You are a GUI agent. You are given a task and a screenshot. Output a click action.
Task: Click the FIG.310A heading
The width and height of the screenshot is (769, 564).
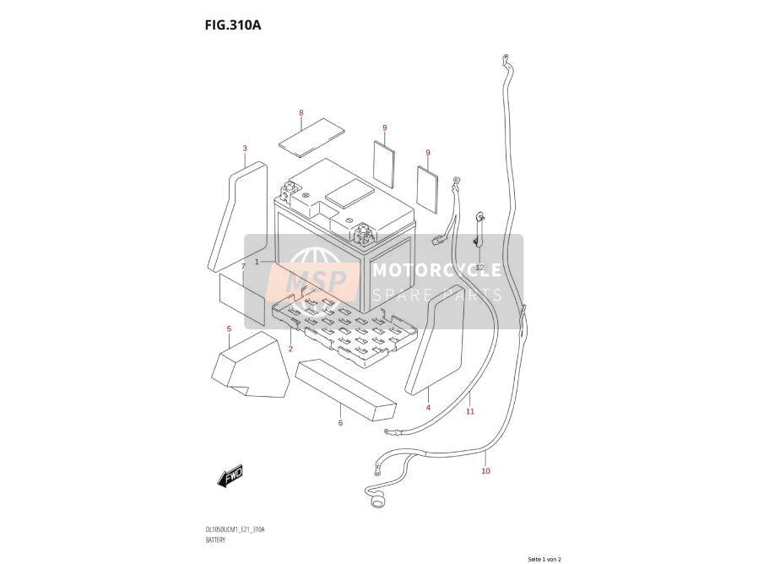pyautogui.click(x=233, y=25)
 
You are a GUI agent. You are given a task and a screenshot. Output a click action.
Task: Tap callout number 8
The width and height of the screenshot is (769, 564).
pyautogui.click(x=301, y=113)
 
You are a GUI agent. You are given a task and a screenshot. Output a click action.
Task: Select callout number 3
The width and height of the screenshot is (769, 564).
pyautogui.click(x=245, y=149)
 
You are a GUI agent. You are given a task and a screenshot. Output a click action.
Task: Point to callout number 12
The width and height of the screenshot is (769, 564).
pyautogui.click(x=479, y=268)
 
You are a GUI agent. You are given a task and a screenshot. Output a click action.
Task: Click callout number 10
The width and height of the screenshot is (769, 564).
pyautogui.click(x=485, y=471)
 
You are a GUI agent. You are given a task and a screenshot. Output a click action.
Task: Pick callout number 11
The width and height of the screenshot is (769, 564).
pyautogui.click(x=470, y=411)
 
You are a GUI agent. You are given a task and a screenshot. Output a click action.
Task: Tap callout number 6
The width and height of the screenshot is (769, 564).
pyautogui.click(x=340, y=423)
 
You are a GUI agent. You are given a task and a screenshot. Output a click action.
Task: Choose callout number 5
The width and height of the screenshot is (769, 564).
pyautogui.click(x=229, y=328)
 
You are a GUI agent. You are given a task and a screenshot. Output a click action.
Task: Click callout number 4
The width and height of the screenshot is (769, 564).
pyautogui.click(x=428, y=408)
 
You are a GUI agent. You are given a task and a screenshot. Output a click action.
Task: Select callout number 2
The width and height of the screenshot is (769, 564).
pyautogui.click(x=290, y=349)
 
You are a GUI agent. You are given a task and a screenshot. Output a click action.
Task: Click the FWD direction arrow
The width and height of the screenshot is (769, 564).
pyautogui.click(x=230, y=475)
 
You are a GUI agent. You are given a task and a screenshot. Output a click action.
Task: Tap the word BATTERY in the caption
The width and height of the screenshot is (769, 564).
pyautogui.click(x=216, y=540)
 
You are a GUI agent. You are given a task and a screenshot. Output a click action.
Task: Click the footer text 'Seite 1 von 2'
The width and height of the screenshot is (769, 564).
pyautogui.click(x=544, y=559)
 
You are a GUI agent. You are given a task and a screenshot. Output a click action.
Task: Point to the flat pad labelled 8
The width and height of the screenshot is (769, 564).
pyautogui.click(x=311, y=138)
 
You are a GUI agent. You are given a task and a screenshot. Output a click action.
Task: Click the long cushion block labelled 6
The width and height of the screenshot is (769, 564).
pyautogui.click(x=346, y=390)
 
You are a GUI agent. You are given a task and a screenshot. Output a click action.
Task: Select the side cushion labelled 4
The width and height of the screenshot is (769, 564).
pyautogui.click(x=435, y=340)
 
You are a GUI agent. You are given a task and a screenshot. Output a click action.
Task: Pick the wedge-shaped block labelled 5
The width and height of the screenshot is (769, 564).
pyautogui.click(x=250, y=366)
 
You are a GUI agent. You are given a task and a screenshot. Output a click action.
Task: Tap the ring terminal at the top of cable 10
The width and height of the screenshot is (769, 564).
pyautogui.click(x=504, y=59)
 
